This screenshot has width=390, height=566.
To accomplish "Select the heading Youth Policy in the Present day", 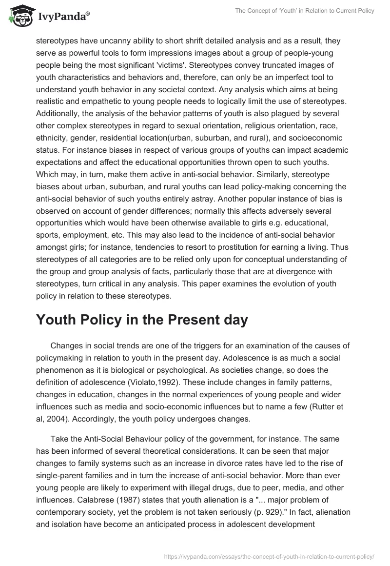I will click(x=142, y=321).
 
